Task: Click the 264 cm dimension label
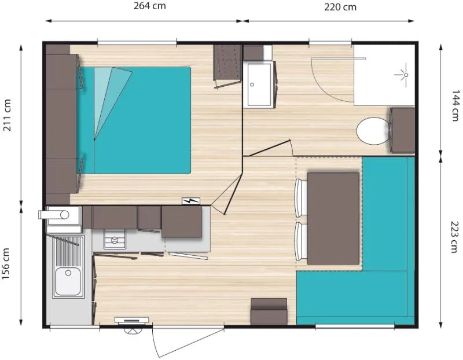(143, 7)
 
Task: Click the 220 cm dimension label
(341, 7)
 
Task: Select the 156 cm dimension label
(8, 264)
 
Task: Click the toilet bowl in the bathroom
(372, 131)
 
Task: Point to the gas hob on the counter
(115, 239)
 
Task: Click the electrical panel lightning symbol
(190, 201)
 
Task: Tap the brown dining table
(333, 218)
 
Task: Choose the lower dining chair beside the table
(302, 242)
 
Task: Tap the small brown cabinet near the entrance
(269, 311)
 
